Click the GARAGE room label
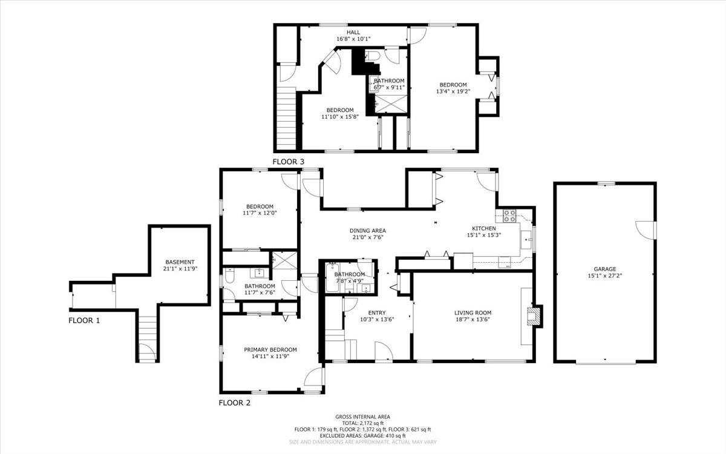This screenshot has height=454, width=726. point(605,269)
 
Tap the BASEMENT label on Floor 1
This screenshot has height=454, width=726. point(180,262)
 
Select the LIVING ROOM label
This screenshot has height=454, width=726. point(473,312)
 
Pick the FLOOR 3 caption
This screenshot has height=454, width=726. point(288,162)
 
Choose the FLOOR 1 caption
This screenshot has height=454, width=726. point(84,320)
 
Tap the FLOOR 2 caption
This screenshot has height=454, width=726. point(235,403)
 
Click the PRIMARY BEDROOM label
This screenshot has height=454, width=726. point(270,350)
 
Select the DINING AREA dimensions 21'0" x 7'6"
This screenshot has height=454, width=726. point(368,237)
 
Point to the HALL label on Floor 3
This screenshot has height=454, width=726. point(353,32)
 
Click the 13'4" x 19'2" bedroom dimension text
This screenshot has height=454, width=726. point(453,91)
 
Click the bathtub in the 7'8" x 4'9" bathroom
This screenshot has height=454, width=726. point(332,277)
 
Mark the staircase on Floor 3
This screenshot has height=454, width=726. point(287,118)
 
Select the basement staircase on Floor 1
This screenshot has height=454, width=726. point(148,334)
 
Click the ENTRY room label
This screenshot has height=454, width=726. point(377,312)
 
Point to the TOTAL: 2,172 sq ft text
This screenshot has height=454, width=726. point(362,423)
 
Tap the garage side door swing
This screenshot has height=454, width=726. point(645,230)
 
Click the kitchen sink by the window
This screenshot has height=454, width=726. point(526,240)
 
